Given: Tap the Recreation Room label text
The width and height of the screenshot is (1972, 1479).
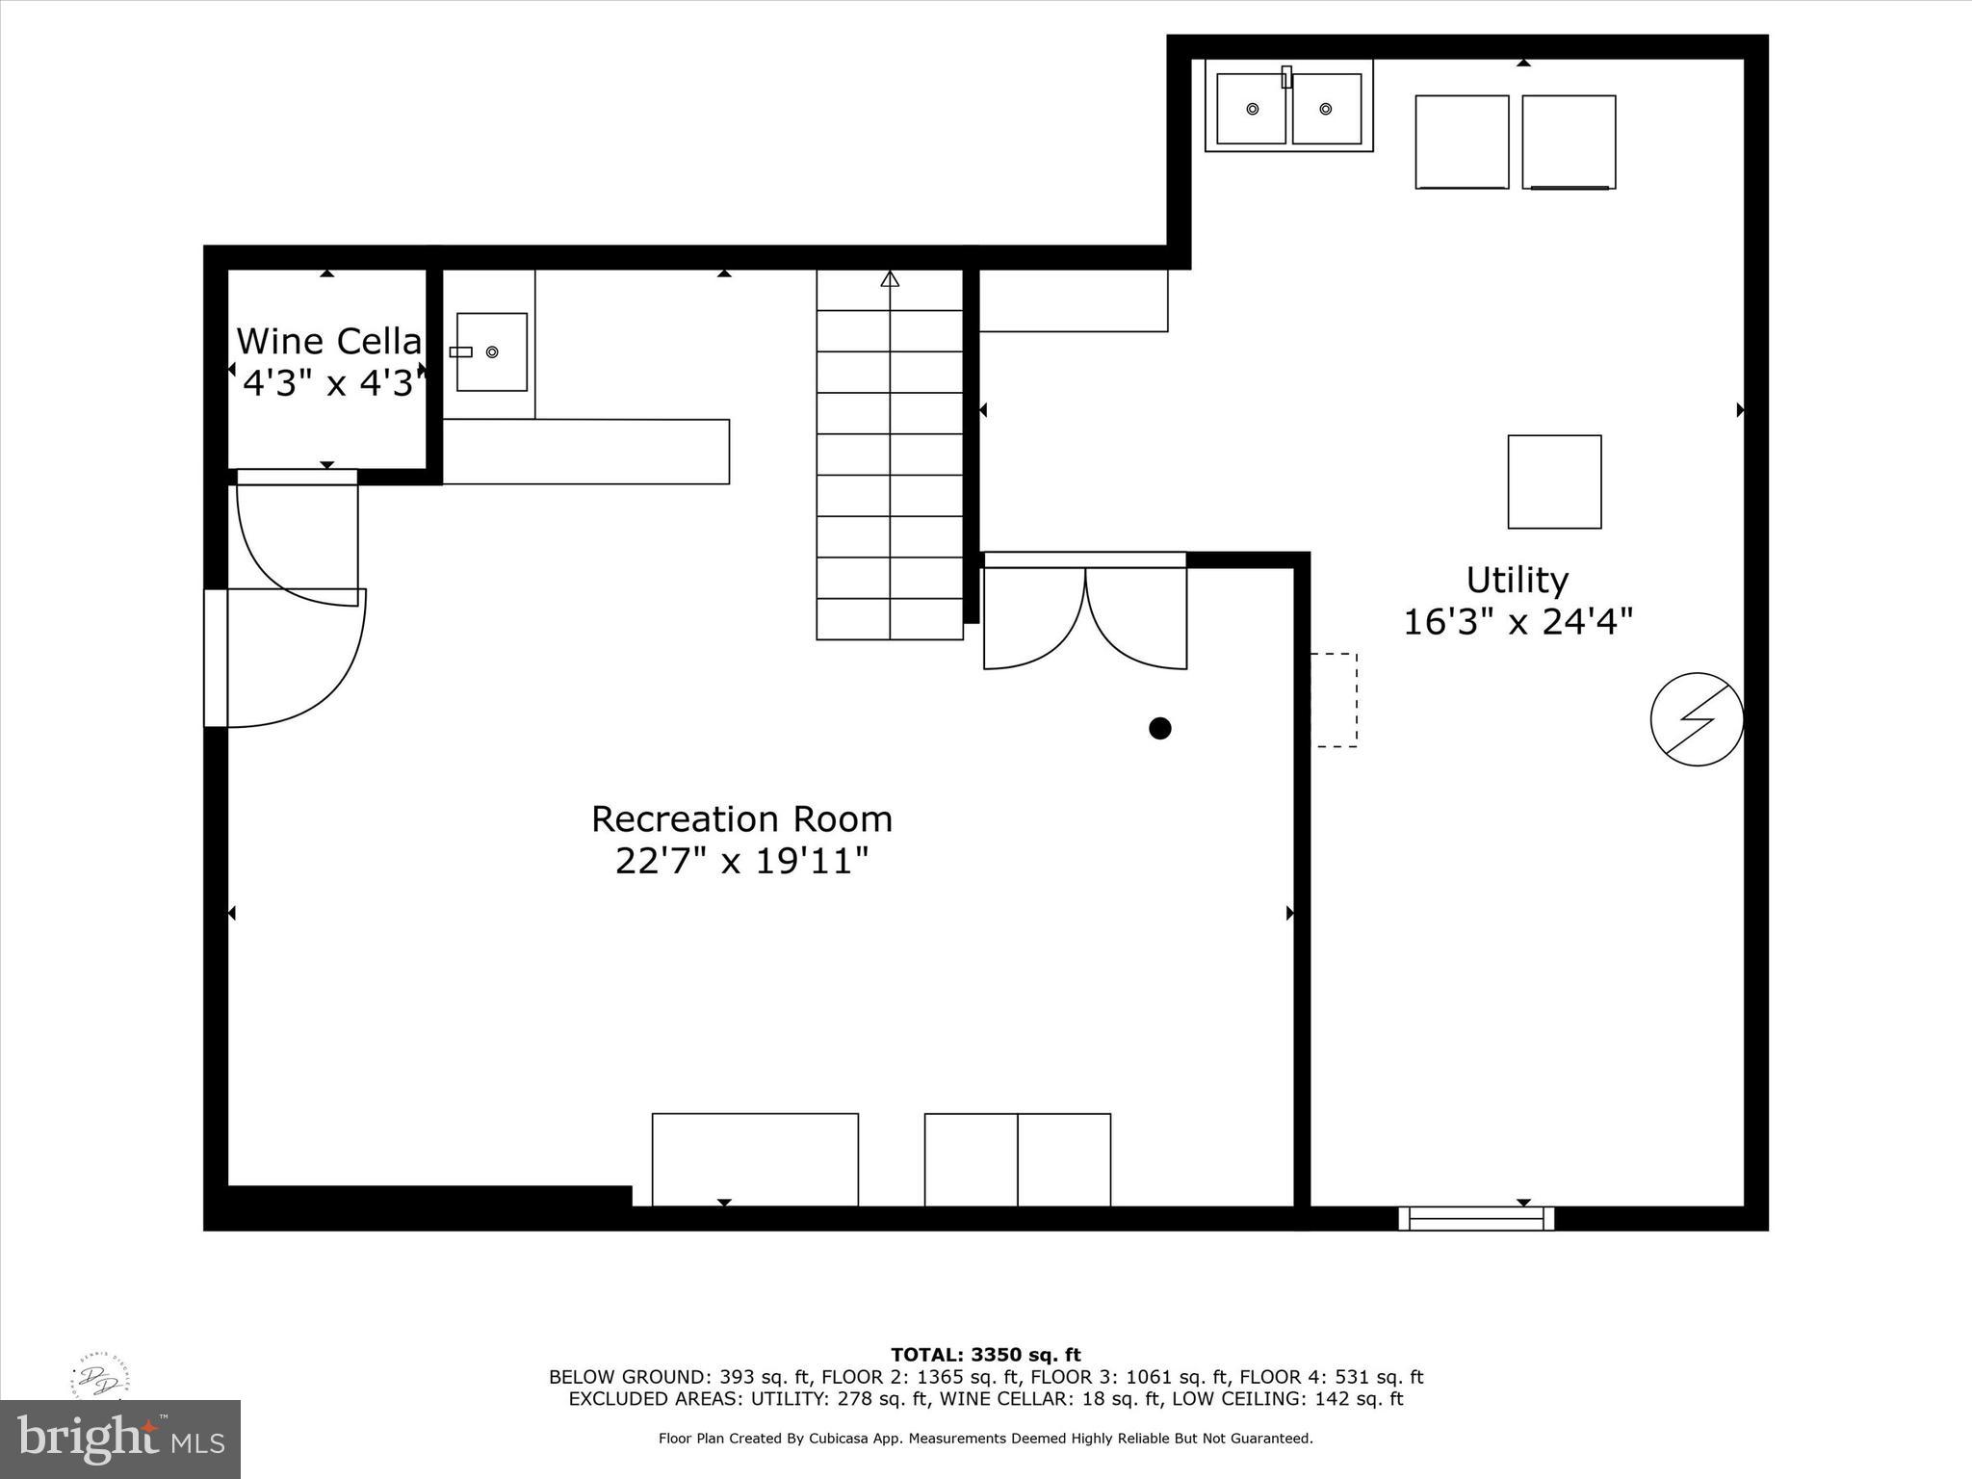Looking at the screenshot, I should [741, 819].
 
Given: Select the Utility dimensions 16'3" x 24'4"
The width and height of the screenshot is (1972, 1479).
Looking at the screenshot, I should [1518, 622].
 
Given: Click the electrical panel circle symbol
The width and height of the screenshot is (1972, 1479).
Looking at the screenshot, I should [1697, 719].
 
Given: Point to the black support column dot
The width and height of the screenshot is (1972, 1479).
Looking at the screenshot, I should [1159, 728].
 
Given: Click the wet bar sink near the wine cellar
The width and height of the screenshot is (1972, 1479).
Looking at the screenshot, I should [491, 351].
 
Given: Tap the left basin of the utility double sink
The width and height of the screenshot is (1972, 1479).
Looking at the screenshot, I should [1251, 109].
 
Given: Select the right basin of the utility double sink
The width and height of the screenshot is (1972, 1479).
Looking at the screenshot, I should [1326, 109].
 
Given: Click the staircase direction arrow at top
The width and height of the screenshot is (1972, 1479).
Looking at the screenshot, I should [890, 279].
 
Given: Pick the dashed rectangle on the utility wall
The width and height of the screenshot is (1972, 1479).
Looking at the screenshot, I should [1335, 700].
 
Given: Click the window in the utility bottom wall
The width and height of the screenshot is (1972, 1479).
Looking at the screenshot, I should [1476, 1219].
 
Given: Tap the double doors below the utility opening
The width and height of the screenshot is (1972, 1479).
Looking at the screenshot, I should [1085, 616].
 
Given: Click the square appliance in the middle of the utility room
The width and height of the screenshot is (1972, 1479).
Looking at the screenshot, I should [1554, 481].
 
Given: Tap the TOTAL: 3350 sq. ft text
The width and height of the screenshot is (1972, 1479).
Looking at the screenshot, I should [985, 1356].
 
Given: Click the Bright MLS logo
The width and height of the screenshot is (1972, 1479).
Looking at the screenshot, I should [120, 1440].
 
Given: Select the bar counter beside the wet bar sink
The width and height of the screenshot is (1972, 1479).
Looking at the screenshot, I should [585, 452].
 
